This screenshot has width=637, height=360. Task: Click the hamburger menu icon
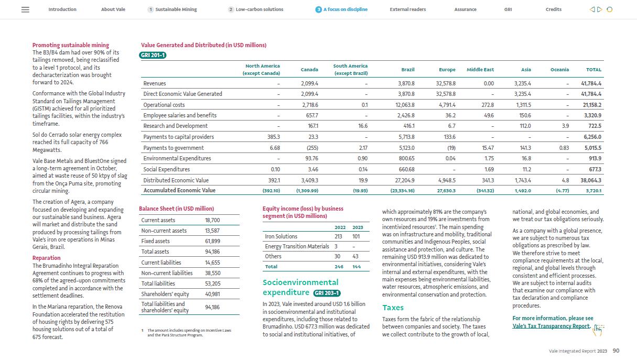click(x=25, y=9)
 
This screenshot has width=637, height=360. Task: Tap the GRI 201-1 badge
click(x=153, y=55)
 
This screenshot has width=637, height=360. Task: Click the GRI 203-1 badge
click(x=327, y=293)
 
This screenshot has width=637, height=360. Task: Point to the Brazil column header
click(x=407, y=70)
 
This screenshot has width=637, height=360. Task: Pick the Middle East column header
click(x=480, y=70)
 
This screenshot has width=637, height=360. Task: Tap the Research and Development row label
click(x=175, y=126)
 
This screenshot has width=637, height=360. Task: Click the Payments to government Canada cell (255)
click(x=312, y=148)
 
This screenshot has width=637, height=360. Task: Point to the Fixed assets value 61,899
click(x=212, y=241)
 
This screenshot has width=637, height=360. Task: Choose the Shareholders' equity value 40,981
click(x=212, y=294)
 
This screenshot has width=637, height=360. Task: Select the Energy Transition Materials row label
click(x=297, y=246)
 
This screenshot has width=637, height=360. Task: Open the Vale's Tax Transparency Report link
click(x=551, y=326)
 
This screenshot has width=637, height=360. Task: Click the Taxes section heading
click(x=393, y=308)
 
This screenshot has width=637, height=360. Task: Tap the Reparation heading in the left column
click(x=46, y=258)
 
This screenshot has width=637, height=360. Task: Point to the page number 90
click(x=616, y=351)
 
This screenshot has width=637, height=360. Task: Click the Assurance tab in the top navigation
click(x=465, y=9)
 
